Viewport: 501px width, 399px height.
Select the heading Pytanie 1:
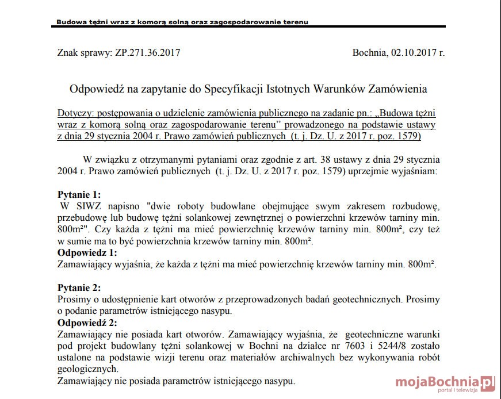(x=79, y=194)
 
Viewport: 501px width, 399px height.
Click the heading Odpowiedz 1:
(x=87, y=252)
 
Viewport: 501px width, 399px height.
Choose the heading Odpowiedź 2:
(x=87, y=323)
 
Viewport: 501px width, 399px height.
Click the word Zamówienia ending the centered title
(x=399, y=89)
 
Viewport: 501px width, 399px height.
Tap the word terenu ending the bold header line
(x=294, y=22)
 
